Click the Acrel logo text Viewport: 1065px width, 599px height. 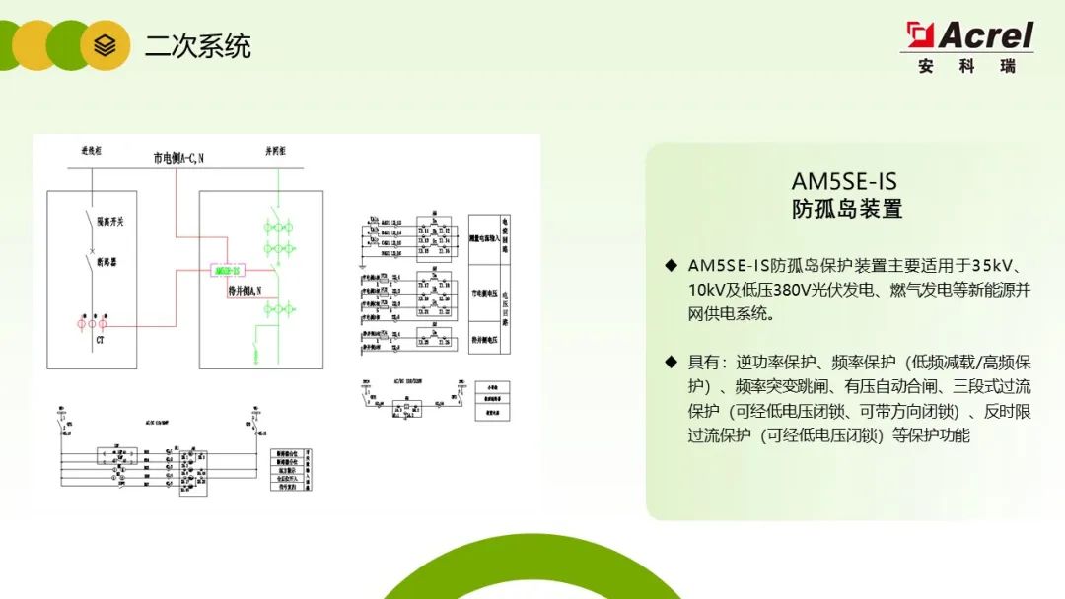983,36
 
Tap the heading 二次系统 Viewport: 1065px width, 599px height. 198,46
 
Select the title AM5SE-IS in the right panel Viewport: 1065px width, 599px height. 844,181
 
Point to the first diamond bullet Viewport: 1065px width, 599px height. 671,266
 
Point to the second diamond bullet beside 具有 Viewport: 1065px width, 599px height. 671,363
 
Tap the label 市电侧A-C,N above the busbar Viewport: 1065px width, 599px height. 178,157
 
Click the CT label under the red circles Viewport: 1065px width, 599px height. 100,340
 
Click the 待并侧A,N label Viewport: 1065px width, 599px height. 244,291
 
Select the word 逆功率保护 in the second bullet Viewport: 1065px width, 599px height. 770,363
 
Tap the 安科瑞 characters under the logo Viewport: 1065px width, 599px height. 966,67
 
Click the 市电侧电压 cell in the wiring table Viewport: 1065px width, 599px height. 483,293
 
